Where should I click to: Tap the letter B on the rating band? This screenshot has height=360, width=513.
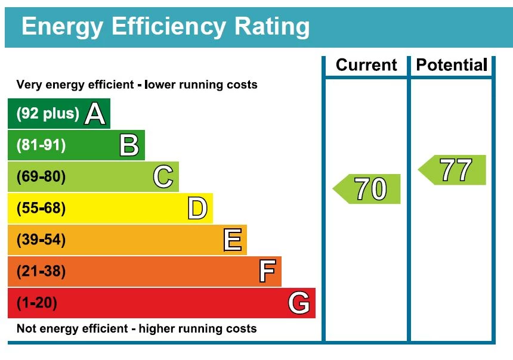(129, 145)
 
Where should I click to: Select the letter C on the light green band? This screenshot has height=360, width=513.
(163, 177)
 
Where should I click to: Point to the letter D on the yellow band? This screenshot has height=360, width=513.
(197, 209)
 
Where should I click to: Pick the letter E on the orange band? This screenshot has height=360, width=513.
(232, 240)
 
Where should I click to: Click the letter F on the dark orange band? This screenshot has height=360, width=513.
(267, 272)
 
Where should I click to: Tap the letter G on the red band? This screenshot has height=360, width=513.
(299, 303)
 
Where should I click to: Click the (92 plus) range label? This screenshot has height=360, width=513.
(48, 113)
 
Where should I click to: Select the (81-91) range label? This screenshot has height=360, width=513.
(41, 145)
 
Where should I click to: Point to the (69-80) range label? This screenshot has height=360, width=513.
(41, 177)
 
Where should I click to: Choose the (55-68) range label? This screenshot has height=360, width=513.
(41, 209)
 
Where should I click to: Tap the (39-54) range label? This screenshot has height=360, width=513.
(41, 240)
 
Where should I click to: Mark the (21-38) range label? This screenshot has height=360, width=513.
(41, 272)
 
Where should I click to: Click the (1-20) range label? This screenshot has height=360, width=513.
(37, 303)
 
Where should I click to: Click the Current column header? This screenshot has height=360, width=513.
(366, 65)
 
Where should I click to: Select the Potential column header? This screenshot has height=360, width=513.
(452, 65)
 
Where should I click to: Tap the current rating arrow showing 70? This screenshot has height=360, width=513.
(367, 189)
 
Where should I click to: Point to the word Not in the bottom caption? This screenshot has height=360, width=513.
(26, 328)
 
